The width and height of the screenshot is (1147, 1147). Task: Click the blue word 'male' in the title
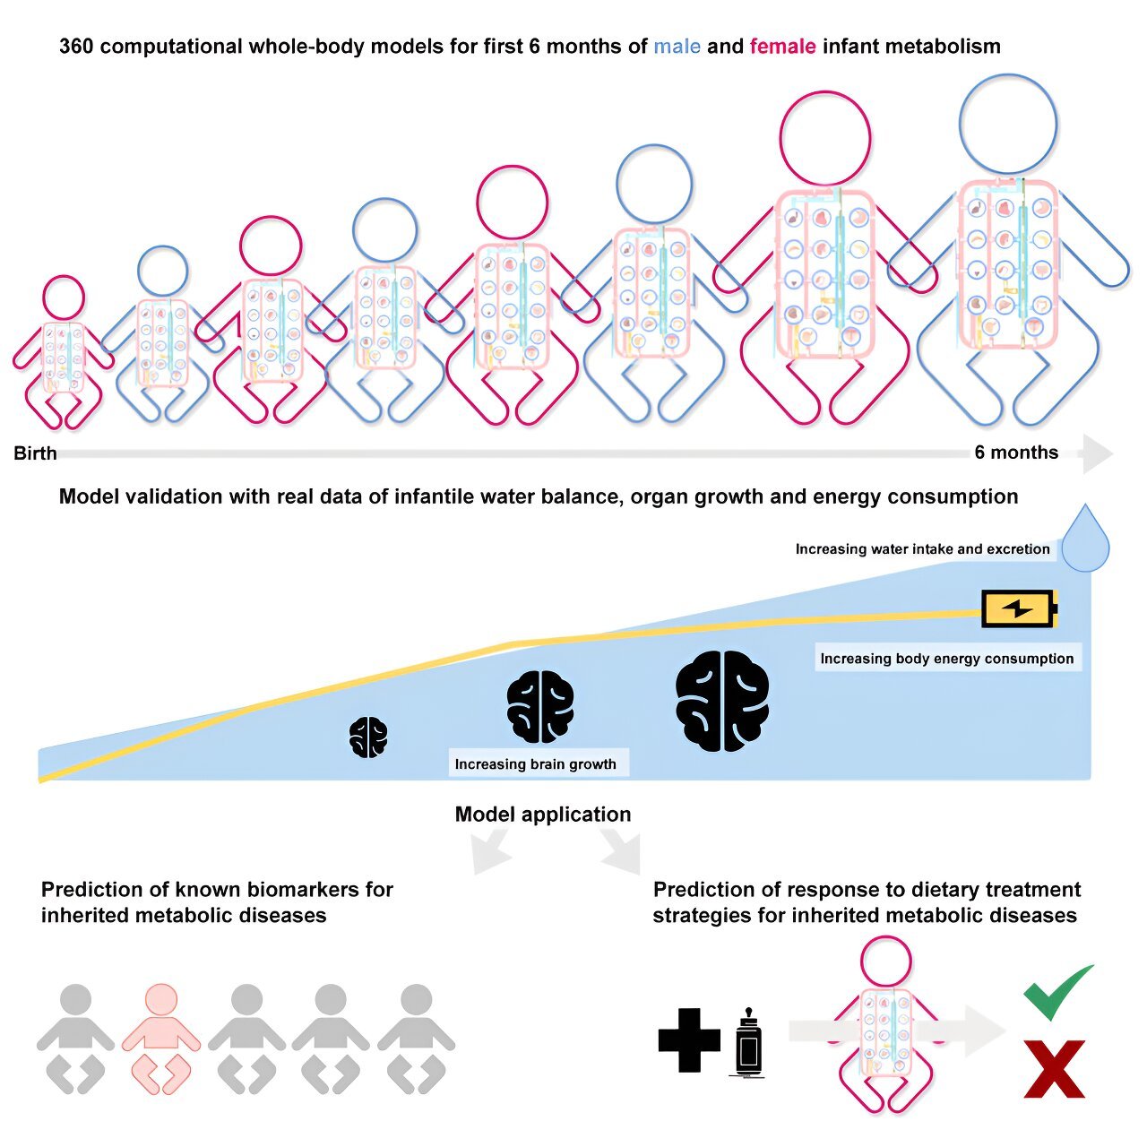(x=677, y=47)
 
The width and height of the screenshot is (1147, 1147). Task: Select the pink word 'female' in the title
(x=782, y=47)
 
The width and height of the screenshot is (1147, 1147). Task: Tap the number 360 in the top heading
(x=76, y=47)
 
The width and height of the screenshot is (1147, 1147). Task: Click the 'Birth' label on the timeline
(x=35, y=453)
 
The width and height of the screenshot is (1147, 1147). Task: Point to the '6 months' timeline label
(x=1016, y=453)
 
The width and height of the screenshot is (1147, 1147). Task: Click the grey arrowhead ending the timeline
(x=1098, y=453)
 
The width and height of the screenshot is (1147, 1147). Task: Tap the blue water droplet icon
(x=1086, y=538)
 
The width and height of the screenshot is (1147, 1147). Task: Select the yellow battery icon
(x=1019, y=608)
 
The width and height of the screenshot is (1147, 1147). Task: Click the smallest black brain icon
(x=368, y=737)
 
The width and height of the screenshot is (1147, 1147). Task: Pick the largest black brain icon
(x=722, y=701)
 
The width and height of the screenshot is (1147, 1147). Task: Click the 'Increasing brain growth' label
(x=535, y=763)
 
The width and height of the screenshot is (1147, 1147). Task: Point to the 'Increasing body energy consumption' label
(x=946, y=659)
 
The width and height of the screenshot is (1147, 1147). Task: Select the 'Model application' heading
(x=543, y=814)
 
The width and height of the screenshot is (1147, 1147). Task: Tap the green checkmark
(x=1057, y=992)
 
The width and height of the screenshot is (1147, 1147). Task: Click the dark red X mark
(x=1054, y=1069)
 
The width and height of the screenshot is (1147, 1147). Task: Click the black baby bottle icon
(x=747, y=1041)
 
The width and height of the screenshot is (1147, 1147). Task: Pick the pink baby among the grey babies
(x=161, y=1038)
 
